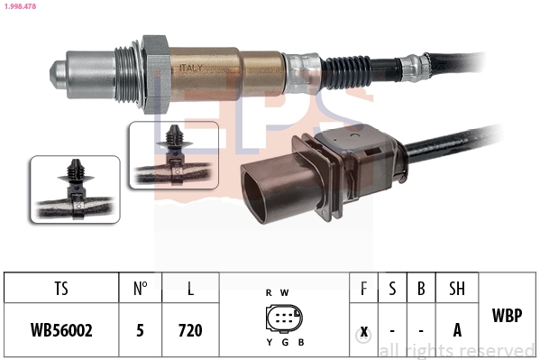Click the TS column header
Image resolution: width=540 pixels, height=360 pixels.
(61, 291)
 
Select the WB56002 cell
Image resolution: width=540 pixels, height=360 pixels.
(61, 330)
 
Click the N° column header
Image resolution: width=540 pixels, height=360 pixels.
(141, 291)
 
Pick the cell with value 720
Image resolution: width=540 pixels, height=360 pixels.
(190, 330)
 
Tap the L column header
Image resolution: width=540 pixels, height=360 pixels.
(190, 291)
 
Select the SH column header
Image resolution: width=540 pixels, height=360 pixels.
(457, 291)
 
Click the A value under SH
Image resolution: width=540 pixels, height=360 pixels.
(457, 330)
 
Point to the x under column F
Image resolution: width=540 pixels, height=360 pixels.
(363, 330)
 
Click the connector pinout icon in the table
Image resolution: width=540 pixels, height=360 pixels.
(284, 318)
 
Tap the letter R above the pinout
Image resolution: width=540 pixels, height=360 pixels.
(269, 292)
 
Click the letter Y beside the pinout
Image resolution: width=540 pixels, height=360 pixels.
(269, 342)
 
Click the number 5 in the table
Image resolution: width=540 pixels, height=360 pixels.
(141, 330)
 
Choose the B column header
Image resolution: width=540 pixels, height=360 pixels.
(421, 291)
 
